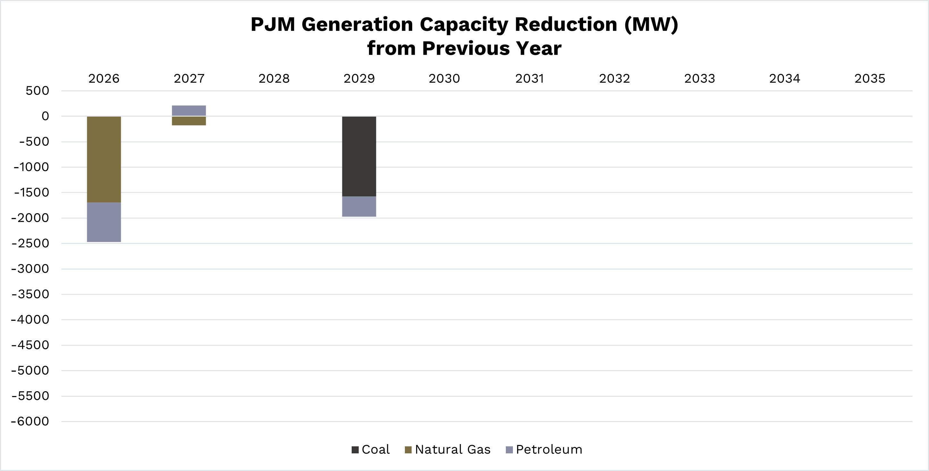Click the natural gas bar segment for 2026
[104, 159]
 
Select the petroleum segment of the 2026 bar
[104, 222]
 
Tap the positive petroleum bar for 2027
[188, 110]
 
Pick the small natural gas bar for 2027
[188, 121]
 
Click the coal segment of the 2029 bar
[359, 156]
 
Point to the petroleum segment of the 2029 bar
[359, 206]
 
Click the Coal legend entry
[371, 450]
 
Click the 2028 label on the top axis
[274, 78]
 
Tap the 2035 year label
[869, 78]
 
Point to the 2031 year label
[529, 78]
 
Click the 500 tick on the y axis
[37, 91]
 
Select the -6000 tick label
[30, 421]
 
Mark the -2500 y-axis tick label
[30, 244]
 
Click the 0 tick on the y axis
[45, 116]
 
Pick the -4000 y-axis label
[30, 320]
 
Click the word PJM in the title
[272, 24]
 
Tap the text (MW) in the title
[651, 24]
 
